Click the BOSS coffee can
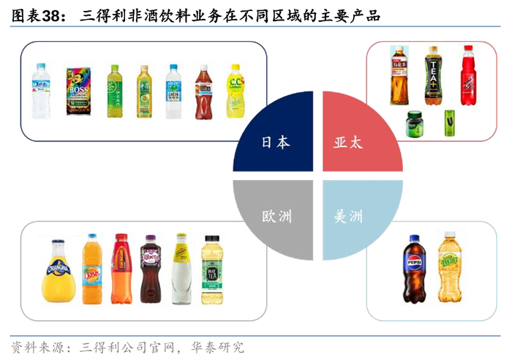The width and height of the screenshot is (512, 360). pyautogui.click(x=77, y=91)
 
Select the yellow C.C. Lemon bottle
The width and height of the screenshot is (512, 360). pyautogui.click(x=233, y=91)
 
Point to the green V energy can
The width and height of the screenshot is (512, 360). pyautogui.click(x=449, y=122)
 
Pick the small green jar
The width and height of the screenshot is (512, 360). pyautogui.click(x=415, y=123)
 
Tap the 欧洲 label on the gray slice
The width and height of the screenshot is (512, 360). pyautogui.click(x=276, y=217)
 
